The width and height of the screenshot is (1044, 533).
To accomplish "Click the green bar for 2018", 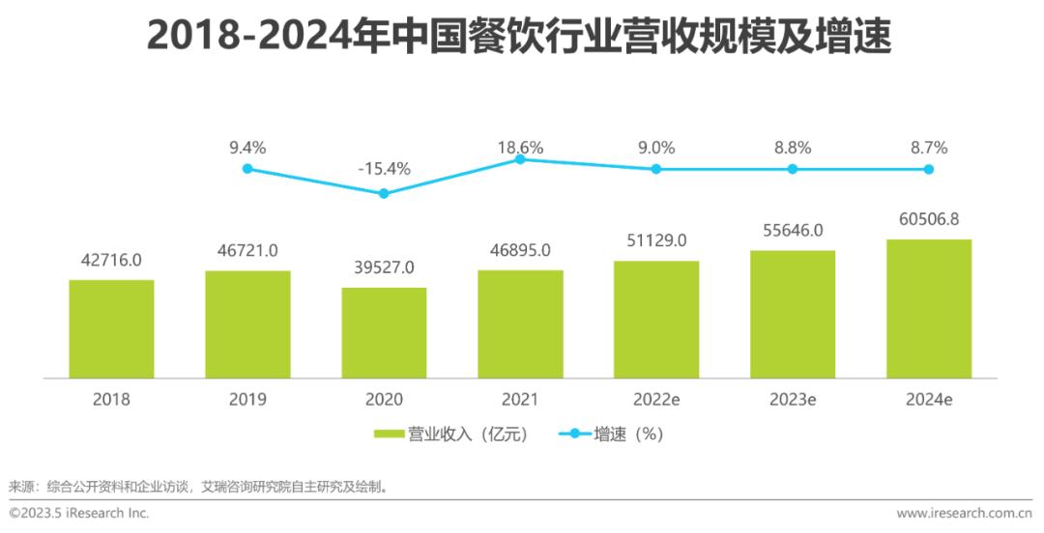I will [x=111, y=328].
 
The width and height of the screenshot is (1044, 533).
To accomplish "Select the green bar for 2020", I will [x=384, y=332].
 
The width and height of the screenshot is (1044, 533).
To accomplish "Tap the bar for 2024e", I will [x=929, y=308].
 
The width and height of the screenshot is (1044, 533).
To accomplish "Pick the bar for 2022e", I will [x=656, y=319].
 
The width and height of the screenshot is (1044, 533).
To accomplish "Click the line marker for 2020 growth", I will [x=384, y=193].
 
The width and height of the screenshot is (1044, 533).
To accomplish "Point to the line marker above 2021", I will [x=520, y=159].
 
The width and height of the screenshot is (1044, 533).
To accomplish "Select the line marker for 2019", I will [x=247, y=168].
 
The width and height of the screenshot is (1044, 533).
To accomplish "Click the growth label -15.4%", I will [x=384, y=169].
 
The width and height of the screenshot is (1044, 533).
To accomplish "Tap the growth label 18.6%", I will [x=520, y=148].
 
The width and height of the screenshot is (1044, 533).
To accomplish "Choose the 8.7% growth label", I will [x=929, y=148].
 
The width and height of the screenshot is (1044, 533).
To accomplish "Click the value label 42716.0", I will [x=111, y=260].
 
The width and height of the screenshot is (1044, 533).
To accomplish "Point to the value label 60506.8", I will [x=929, y=219].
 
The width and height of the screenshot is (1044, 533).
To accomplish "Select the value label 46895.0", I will [x=520, y=250].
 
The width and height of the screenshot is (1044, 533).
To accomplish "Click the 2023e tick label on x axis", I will [x=793, y=399].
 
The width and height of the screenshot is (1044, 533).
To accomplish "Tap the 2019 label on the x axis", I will [x=247, y=399].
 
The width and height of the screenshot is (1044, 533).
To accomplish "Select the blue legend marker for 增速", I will [x=575, y=435].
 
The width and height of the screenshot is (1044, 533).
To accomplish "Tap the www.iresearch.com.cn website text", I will [x=964, y=513].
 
